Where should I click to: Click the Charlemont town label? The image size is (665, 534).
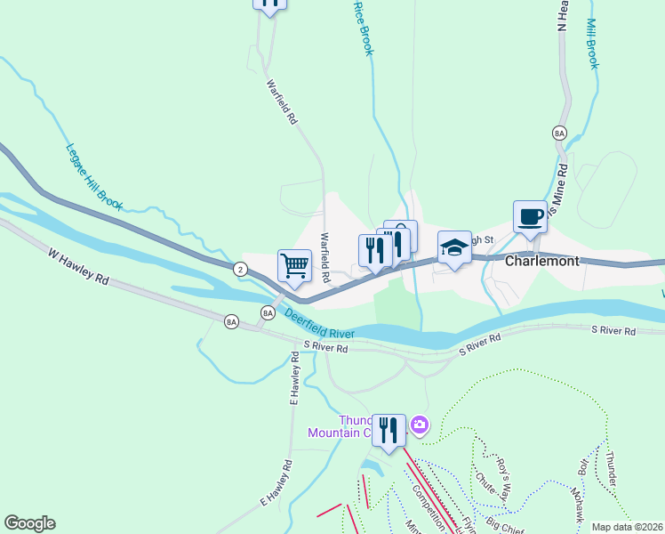541,262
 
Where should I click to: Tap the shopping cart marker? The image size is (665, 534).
294,263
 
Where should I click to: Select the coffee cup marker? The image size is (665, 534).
530,216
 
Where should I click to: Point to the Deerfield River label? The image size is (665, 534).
319,323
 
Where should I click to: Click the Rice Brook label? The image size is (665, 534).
363,28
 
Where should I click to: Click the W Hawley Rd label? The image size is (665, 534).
78,265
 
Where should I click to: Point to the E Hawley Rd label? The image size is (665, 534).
276,484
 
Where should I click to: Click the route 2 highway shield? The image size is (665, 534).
240,268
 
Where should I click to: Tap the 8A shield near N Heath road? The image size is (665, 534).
559,133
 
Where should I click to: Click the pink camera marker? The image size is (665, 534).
420,427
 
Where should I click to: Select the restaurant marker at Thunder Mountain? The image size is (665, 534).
389,430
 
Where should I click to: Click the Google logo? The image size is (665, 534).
29,523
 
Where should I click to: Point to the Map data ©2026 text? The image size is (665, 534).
627,527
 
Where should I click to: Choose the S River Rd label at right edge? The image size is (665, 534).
614,331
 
